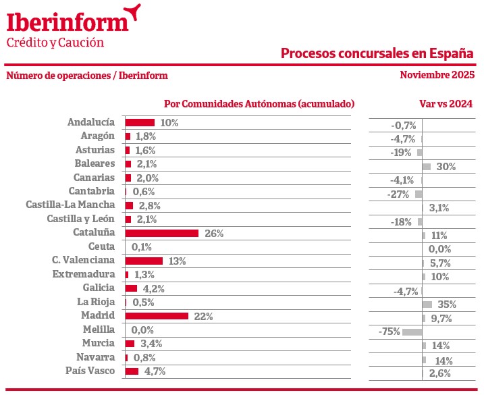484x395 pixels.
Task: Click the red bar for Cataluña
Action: [x=162, y=233]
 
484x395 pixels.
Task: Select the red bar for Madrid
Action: [x=157, y=316]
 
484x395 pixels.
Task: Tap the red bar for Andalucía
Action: [x=140, y=122]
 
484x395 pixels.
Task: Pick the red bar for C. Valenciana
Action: [x=144, y=261]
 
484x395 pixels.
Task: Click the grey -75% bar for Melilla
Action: [x=412, y=332]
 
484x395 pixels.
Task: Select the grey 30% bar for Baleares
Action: [x=426, y=166]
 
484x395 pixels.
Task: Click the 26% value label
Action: [x=213, y=234]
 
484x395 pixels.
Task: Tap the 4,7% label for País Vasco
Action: [x=153, y=371]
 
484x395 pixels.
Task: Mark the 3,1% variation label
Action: [x=439, y=208]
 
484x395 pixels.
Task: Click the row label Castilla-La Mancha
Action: [x=70, y=205]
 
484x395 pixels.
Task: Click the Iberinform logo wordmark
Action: [x=68, y=22]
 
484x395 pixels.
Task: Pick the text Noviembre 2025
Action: [x=437, y=75]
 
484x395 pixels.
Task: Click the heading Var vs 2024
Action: [x=446, y=104]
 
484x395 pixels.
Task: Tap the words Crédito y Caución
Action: [x=55, y=43]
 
